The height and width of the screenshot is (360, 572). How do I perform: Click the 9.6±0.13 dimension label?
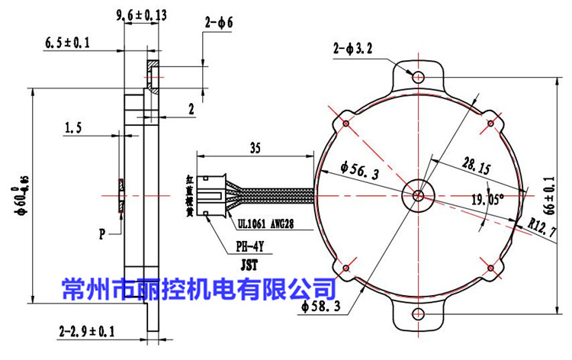pos(142,14)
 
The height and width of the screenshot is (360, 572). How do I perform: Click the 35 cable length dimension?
pos(255,149)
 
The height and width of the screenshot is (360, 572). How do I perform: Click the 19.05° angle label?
pos(489,200)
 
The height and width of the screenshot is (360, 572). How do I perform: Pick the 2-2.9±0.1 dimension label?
pos(86,332)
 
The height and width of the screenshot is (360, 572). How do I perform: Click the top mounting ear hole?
pos(417,76)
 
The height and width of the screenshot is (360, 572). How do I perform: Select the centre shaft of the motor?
pos(417,194)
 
